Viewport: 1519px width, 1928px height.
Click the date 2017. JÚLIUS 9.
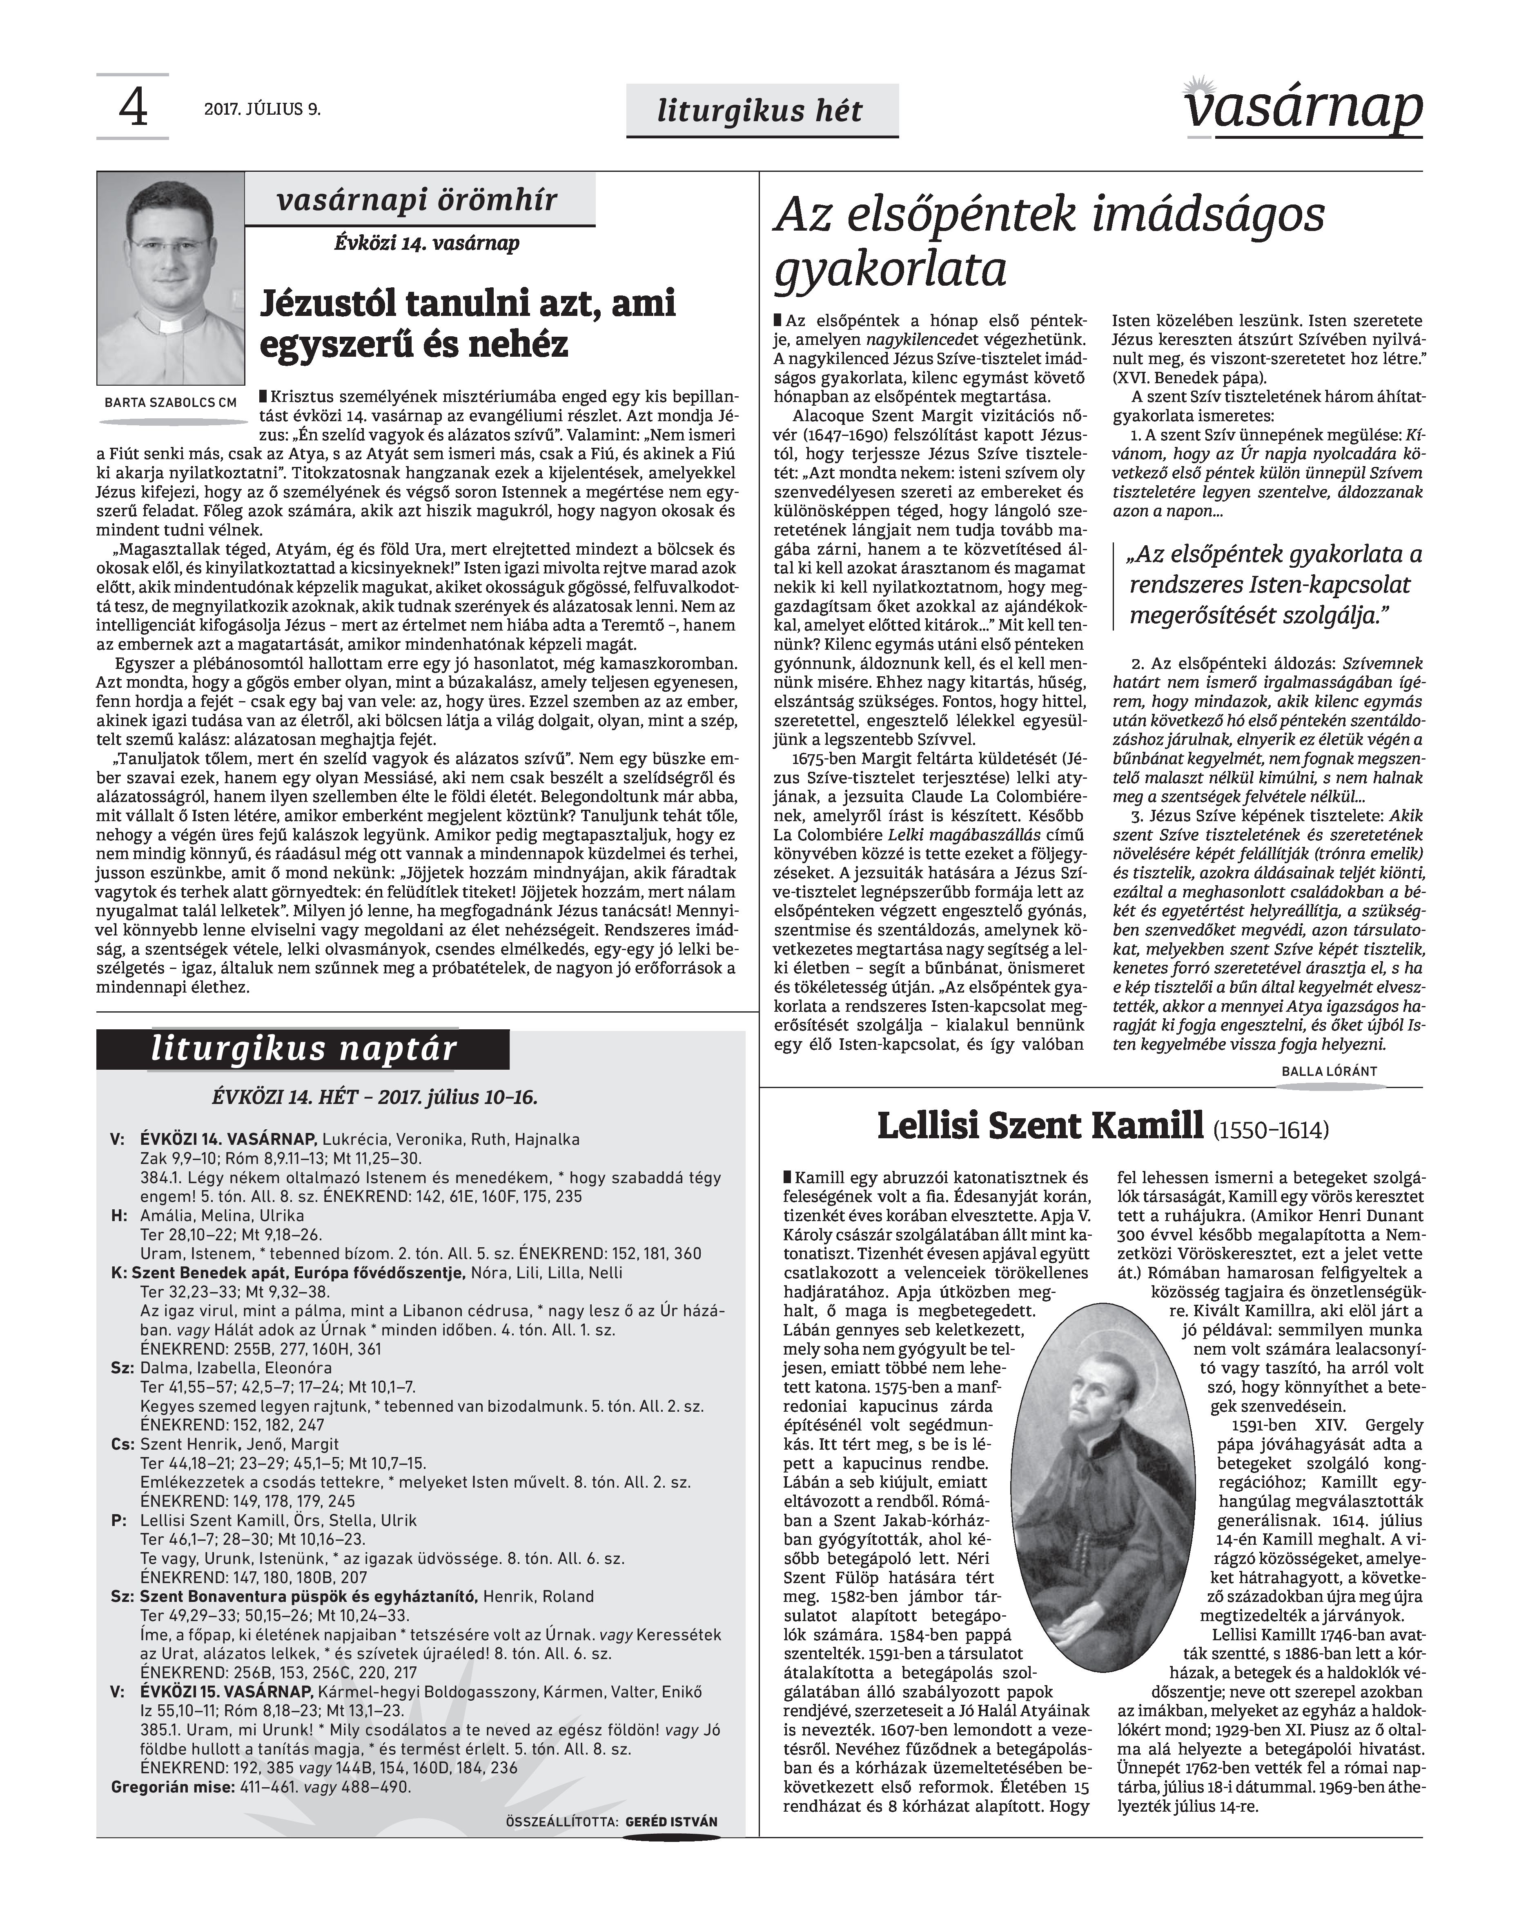click(261, 110)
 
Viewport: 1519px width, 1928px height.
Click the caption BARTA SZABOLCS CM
click(171, 402)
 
